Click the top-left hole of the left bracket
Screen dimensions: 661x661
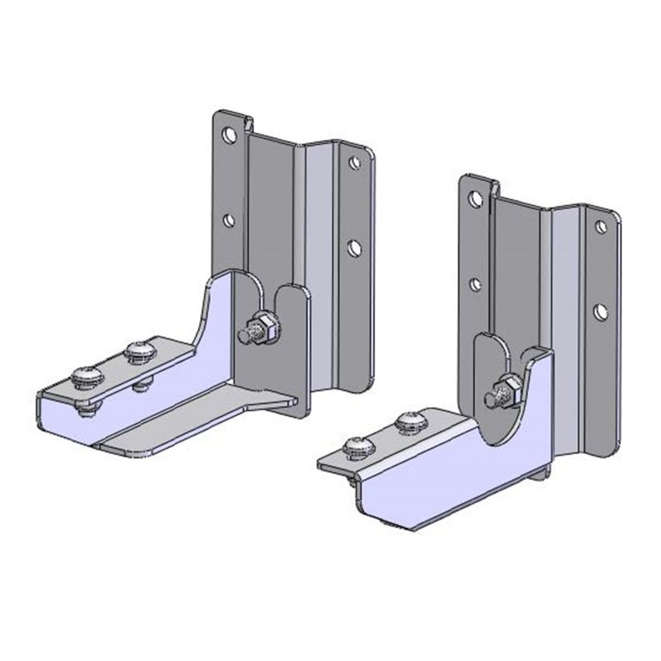pyautogui.click(x=229, y=135)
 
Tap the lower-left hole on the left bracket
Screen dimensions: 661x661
pyautogui.click(x=229, y=220)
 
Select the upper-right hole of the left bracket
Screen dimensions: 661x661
pyautogui.click(x=355, y=163)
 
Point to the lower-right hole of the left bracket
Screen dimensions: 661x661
pyautogui.click(x=354, y=248)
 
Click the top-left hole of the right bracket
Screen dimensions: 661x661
pyautogui.click(x=474, y=199)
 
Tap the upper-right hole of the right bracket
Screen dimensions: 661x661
pyautogui.click(x=600, y=227)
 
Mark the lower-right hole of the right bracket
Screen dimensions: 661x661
pyautogui.click(x=600, y=313)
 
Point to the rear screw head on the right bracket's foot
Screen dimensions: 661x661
pyautogui.click(x=410, y=422)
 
